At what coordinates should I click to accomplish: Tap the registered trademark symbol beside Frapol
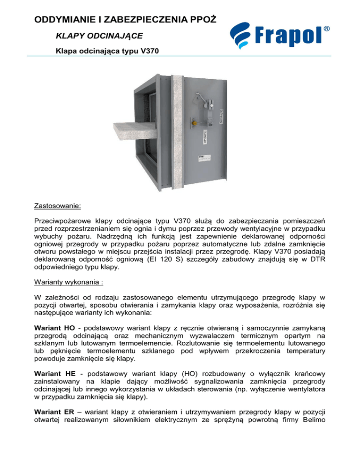click(326, 29)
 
